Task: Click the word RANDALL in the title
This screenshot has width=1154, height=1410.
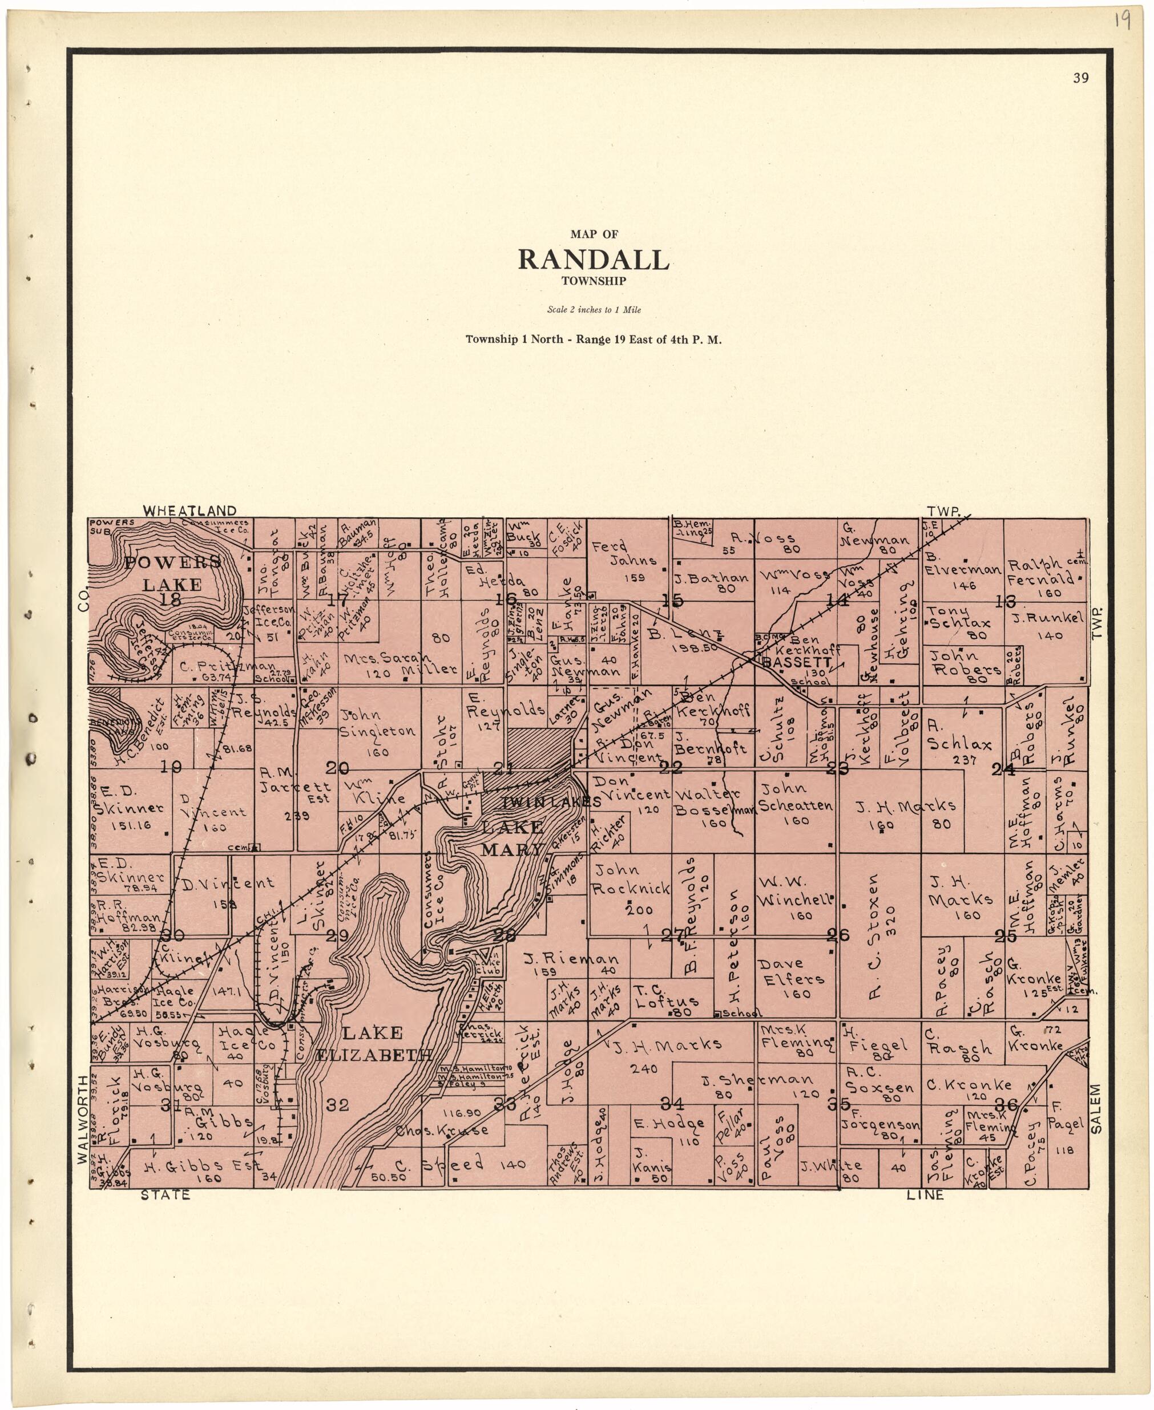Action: click(x=593, y=260)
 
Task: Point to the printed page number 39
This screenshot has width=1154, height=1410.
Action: click(x=1080, y=78)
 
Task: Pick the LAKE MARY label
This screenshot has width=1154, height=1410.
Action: click(x=513, y=838)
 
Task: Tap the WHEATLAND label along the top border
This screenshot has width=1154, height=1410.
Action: click(x=189, y=510)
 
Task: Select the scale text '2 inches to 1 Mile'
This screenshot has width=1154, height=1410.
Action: click(x=594, y=310)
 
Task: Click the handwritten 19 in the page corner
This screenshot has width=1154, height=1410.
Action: click(x=1121, y=21)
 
